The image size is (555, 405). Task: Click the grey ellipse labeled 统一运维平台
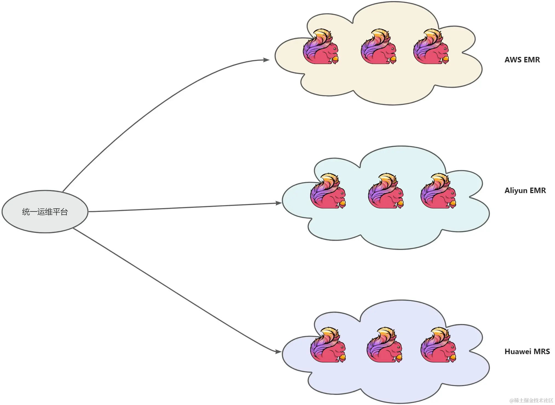[45, 212]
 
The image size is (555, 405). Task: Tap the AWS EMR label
[522, 60]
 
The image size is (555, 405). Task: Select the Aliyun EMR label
[525, 190]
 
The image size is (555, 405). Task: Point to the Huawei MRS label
[527, 351]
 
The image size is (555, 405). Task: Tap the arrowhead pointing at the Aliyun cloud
[278, 203]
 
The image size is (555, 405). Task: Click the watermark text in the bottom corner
[531, 400]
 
